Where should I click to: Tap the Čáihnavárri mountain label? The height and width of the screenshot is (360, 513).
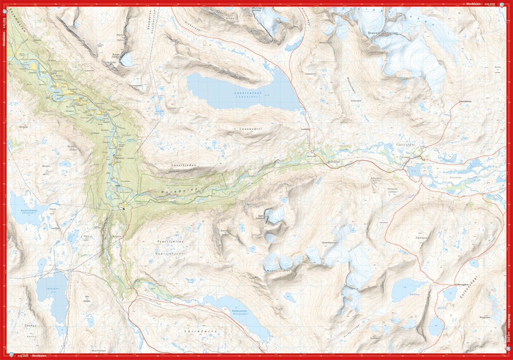click(421, 238)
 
